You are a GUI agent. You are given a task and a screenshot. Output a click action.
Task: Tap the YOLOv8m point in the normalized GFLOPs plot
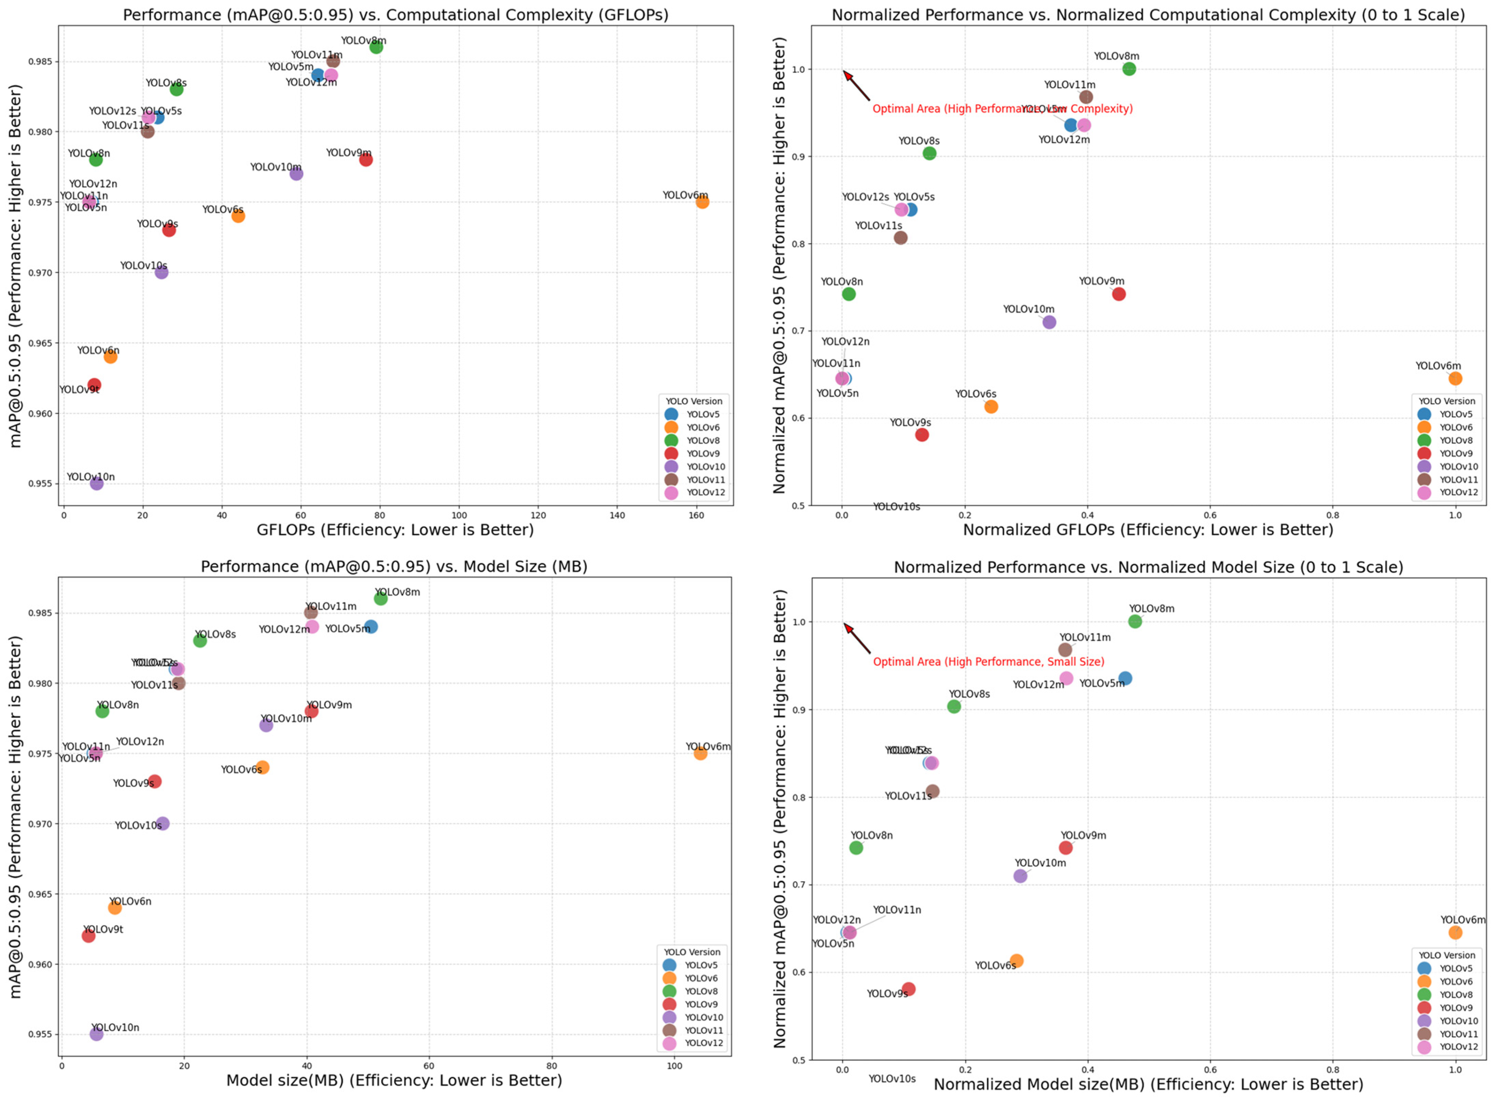1129,69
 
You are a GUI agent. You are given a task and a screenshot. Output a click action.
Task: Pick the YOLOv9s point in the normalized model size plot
908,989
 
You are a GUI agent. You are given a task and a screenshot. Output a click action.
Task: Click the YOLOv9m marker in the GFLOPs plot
366,160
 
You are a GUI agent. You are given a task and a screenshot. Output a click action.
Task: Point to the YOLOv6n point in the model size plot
115,908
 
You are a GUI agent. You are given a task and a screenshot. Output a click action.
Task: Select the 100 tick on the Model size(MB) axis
674,1066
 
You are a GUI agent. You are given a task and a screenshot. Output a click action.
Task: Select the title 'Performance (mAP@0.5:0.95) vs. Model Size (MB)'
394,567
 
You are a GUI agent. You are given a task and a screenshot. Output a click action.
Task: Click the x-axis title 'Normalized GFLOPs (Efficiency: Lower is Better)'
1147,530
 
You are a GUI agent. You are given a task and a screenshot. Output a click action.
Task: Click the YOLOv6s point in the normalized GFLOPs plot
991,406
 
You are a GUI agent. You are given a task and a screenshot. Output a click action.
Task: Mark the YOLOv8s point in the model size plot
200,640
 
